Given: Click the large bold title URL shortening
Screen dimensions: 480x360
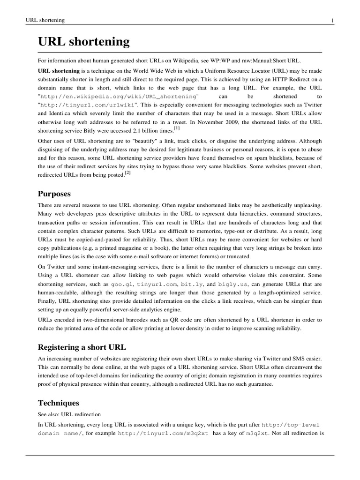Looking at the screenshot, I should [83, 42].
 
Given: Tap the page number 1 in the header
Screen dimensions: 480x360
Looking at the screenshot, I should [332, 20].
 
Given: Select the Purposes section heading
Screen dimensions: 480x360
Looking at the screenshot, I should [55, 193].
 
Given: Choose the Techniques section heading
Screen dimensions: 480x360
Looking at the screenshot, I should [59, 403].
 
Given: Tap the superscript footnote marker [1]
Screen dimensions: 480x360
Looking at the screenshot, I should [176, 128].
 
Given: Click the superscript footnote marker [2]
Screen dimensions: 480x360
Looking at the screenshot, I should [127, 172].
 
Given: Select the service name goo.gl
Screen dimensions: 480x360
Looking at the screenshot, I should [120, 284].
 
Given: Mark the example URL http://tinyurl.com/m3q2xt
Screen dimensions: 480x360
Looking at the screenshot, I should [163, 434].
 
